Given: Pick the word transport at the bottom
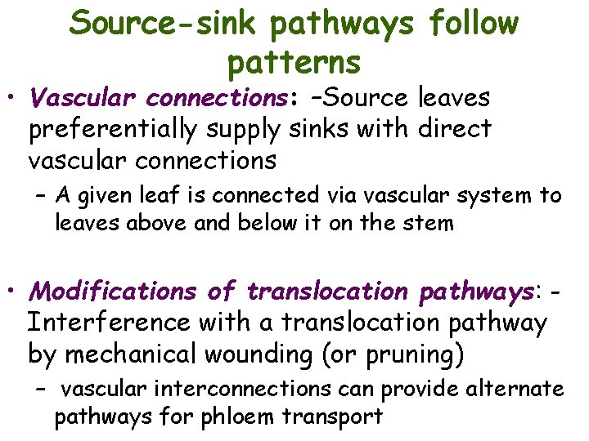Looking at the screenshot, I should (x=332, y=416).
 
